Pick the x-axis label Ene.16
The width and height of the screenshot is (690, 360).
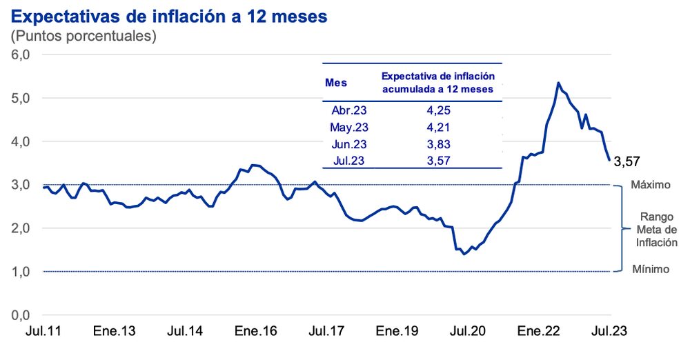257,332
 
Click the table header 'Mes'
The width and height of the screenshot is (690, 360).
336,83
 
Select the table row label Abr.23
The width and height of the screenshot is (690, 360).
351,110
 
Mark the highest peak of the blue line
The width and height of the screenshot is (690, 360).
558,83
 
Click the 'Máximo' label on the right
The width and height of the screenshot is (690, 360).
651,186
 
